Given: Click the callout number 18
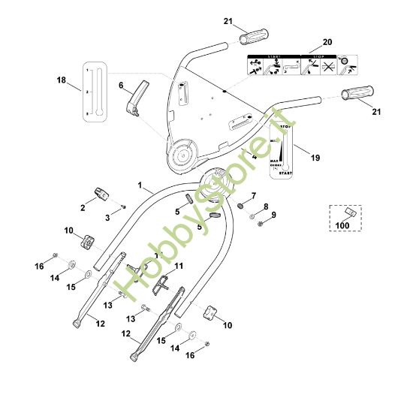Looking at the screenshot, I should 61,79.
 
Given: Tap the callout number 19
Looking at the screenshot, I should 315,158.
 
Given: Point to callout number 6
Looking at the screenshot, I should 120,86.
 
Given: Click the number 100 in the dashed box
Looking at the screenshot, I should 342,225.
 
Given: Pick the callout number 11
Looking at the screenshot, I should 178,267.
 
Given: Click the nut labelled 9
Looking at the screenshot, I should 258,222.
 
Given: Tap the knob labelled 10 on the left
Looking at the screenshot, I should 88,243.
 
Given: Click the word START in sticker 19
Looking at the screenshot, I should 284,173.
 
